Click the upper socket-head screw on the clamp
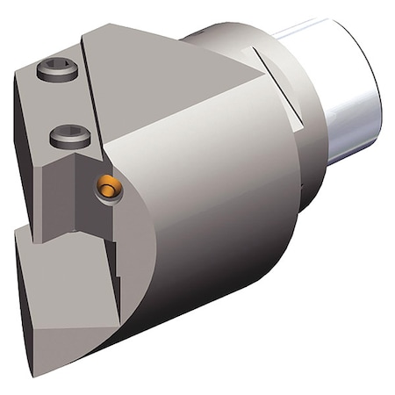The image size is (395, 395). (55, 70)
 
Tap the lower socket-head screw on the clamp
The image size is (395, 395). (67, 136)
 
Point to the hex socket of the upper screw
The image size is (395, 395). (55, 69)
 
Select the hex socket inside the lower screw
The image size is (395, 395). (67, 135)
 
